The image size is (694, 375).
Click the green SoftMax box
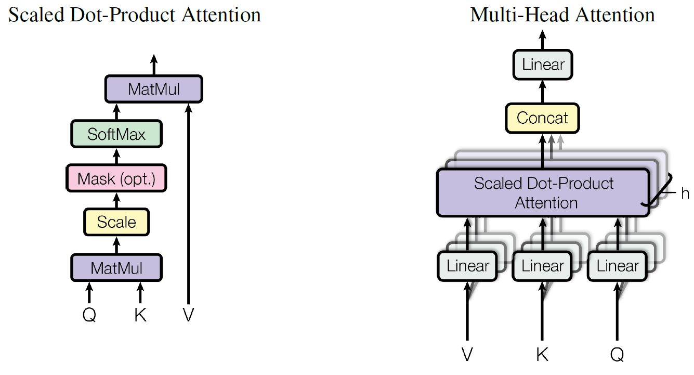click(116, 134)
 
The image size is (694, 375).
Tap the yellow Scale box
click(116, 223)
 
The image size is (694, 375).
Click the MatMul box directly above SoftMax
click(153, 89)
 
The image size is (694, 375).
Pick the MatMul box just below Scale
click(116, 268)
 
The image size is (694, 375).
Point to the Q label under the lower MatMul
click(89, 315)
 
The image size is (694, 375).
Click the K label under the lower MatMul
click(140, 315)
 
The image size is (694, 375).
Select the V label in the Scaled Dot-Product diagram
click(188, 315)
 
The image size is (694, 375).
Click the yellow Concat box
click(542, 118)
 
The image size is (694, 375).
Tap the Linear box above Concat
click(543, 65)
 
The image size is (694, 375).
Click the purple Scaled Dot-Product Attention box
click(543, 192)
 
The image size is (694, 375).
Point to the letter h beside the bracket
click(685, 193)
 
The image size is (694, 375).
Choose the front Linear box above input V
click(468, 266)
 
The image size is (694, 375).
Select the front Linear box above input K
click(543, 266)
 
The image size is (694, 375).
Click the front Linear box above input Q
click(618, 266)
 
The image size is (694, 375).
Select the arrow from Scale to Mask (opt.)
click(116, 200)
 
